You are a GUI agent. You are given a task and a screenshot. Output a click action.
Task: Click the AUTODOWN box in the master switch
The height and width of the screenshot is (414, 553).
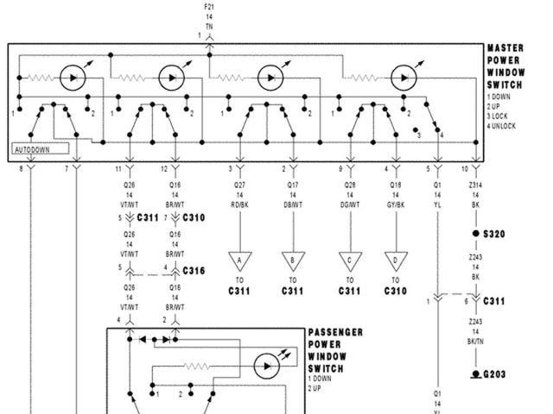click(x=35, y=148)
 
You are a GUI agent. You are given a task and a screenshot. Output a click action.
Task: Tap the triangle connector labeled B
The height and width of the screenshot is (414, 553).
click(x=293, y=260)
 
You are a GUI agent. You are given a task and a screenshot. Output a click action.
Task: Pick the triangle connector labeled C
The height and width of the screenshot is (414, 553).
click(x=350, y=260)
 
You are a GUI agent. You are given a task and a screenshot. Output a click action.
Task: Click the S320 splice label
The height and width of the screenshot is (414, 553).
click(x=495, y=234)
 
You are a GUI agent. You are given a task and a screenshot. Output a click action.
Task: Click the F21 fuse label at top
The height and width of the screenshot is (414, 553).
click(x=209, y=7)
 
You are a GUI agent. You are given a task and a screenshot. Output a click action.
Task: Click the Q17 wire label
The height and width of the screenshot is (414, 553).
click(x=292, y=184)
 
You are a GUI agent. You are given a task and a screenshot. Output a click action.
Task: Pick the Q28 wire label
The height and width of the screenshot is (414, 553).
click(x=349, y=184)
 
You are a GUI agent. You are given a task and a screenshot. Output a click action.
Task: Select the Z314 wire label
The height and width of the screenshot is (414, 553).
click(x=474, y=184)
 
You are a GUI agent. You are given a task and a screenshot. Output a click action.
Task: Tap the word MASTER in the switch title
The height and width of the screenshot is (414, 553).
click(x=505, y=49)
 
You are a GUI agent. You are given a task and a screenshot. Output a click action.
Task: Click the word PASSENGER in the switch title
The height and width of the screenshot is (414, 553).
click(x=335, y=332)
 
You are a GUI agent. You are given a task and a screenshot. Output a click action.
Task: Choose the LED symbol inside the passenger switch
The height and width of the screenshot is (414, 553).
click(x=268, y=365)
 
